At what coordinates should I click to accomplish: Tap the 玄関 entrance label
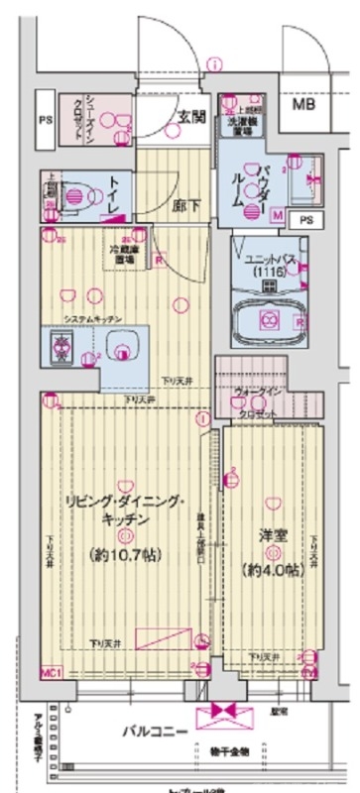(x=190, y=116)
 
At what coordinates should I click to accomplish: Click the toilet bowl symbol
(x=75, y=195)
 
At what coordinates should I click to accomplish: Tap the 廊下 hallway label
(x=184, y=208)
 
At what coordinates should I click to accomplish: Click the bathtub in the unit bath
(x=267, y=319)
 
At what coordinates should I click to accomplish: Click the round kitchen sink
(x=122, y=348)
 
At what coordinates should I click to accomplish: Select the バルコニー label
(x=151, y=734)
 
